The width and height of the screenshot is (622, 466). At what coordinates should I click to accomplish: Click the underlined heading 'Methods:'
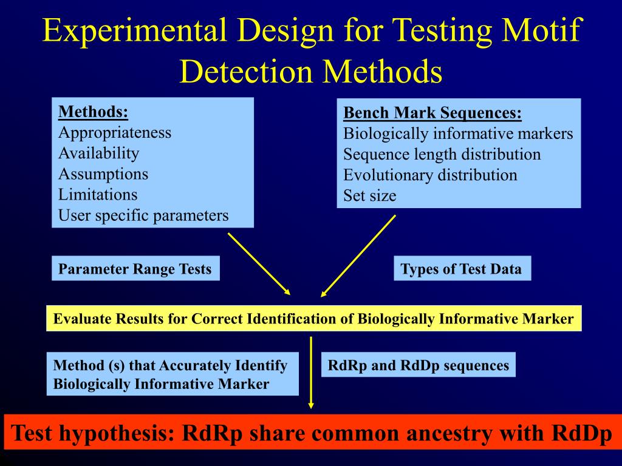tap(93, 112)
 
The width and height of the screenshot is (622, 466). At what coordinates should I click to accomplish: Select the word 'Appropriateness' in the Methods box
tap(115, 132)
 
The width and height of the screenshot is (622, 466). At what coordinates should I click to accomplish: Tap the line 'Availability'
tap(98, 153)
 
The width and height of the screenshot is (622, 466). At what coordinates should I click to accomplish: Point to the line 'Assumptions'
tap(103, 174)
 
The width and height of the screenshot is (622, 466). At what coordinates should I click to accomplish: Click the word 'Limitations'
tap(98, 194)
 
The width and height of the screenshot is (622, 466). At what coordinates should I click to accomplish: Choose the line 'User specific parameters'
tap(143, 215)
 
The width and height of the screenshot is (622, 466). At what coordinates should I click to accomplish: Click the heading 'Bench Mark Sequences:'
tap(432, 113)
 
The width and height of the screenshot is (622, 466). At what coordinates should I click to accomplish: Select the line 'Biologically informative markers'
tap(458, 133)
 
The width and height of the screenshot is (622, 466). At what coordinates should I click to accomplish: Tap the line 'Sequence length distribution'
tap(442, 154)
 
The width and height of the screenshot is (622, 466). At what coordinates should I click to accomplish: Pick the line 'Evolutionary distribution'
tap(430, 175)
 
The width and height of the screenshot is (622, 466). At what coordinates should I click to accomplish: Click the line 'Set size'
tap(369, 195)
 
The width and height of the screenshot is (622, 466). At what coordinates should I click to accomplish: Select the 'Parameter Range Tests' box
tap(135, 269)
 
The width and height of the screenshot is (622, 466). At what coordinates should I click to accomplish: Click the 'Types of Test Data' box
tap(462, 269)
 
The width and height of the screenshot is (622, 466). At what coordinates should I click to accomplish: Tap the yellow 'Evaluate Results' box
tap(313, 319)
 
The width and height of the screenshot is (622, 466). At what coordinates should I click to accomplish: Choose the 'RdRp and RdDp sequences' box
tap(418, 365)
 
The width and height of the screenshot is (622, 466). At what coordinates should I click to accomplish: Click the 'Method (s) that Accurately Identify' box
tap(173, 374)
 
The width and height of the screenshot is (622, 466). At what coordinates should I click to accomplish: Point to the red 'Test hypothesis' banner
tap(311, 433)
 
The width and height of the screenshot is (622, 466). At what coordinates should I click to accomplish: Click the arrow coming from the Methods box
tap(259, 265)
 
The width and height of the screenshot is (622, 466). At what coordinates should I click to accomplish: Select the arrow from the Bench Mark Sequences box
tap(358, 255)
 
